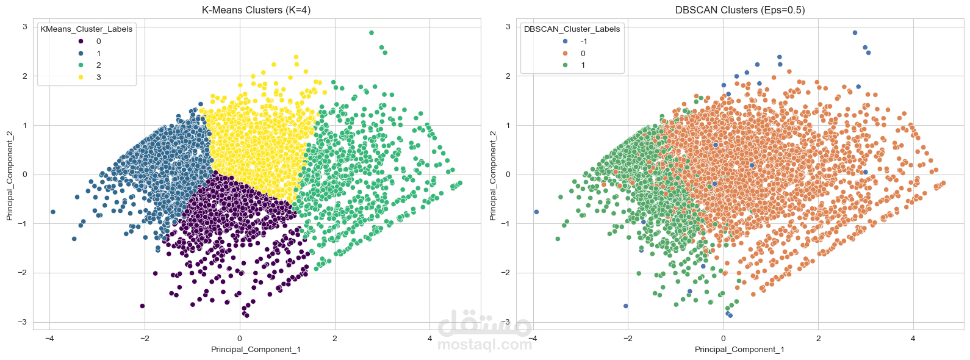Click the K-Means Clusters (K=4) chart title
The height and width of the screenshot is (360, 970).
tap(256, 10)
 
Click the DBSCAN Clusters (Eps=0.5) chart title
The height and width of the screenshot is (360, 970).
tap(740, 10)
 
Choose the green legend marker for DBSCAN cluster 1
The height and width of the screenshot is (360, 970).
tap(565, 65)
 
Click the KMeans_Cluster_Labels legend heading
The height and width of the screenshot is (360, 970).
tap(86, 29)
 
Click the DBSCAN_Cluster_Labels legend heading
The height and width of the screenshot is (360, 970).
tap(572, 29)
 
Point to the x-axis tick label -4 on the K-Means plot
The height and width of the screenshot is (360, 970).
tap(49, 338)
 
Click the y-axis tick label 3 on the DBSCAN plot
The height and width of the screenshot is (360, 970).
tap(508, 26)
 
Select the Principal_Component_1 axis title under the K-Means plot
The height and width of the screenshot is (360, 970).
tap(256, 350)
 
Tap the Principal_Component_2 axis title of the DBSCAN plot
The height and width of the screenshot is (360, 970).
tap(492, 175)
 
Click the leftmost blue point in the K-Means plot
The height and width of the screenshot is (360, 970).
tap(53, 212)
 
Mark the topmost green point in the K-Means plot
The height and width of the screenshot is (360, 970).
tap(372, 33)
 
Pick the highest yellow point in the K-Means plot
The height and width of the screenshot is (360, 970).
tap(296, 57)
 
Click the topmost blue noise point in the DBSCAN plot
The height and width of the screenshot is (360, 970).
tap(855, 33)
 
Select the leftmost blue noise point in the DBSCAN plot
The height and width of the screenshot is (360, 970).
tap(536, 212)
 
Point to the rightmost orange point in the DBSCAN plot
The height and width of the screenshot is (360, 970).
tap(943, 183)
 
